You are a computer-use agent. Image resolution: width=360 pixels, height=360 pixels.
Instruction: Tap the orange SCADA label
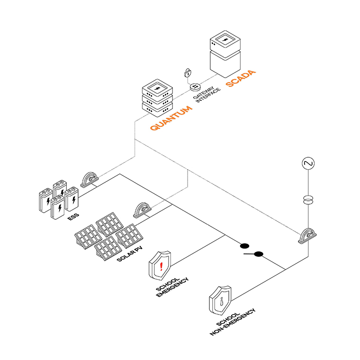241,79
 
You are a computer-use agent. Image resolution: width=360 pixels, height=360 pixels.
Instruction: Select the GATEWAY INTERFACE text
207,100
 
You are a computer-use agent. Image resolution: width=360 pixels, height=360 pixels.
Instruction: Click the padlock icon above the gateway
188,73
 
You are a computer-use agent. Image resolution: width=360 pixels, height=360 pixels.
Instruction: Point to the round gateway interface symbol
195,87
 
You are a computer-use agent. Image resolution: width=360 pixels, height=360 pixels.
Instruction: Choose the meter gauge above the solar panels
143,209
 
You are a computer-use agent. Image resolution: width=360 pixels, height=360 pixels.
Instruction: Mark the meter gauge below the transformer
307,236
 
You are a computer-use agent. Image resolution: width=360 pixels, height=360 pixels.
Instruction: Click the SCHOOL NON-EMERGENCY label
232,322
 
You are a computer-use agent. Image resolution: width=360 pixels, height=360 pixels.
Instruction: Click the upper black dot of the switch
245,246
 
